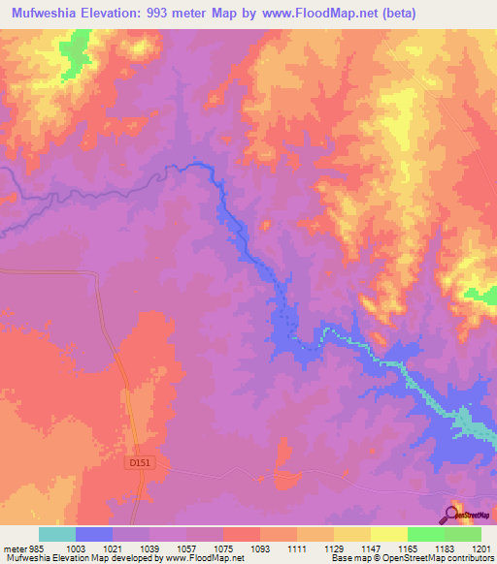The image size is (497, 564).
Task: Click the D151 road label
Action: point(141,464)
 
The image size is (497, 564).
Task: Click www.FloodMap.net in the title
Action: point(367,14)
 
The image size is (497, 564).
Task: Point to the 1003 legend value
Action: point(76,548)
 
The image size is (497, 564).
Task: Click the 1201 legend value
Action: point(481,548)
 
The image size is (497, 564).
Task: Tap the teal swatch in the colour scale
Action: point(57,534)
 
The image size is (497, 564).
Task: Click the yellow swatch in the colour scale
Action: point(389,534)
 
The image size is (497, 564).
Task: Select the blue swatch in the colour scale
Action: point(94,534)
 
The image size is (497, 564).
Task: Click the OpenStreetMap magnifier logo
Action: point(453,514)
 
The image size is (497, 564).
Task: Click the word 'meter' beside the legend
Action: point(11,548)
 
